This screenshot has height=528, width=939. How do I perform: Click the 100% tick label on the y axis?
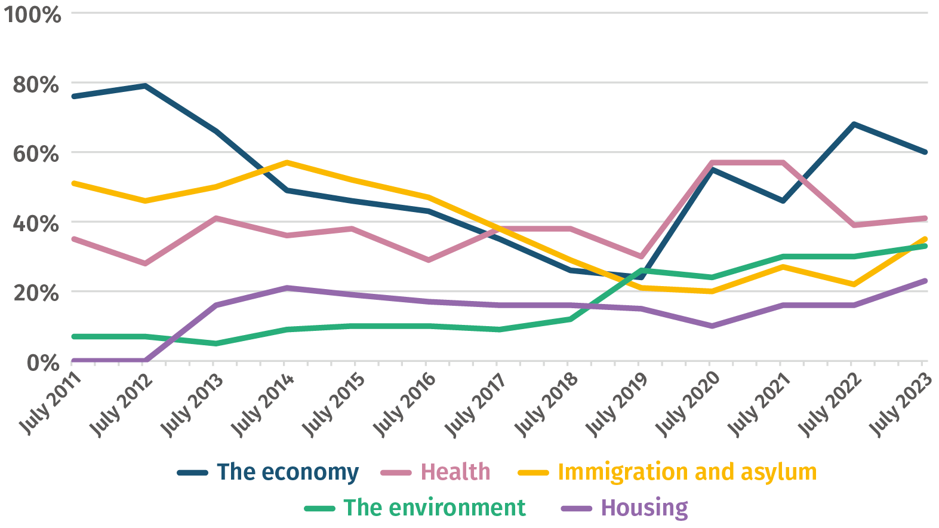point(32,14)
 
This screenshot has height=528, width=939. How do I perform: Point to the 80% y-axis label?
point(36,84)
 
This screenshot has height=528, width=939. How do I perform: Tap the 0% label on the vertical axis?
point(42,363)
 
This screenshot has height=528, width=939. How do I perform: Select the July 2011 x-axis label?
point(51,403)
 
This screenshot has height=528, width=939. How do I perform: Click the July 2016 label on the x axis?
point(404,403)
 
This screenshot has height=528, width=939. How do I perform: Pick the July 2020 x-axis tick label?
point(687,403)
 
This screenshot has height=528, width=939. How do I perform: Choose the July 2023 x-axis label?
point(900,403)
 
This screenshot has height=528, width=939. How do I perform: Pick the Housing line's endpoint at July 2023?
point(925,281)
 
